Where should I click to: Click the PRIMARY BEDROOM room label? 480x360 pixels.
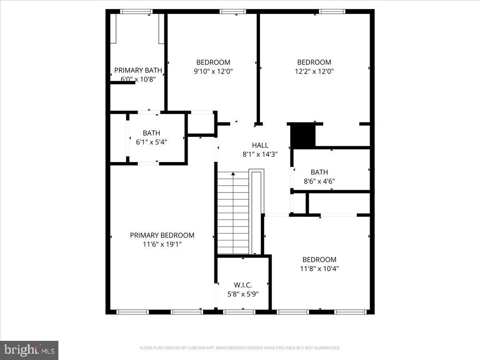point(162,235)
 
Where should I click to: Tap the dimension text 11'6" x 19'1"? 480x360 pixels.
point(162,244)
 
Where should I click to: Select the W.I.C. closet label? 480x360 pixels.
point(243,285)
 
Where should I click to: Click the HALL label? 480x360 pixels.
point(260,145)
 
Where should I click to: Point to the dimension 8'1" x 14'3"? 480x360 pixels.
point(260,154)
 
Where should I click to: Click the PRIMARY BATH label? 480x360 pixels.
point(138,70)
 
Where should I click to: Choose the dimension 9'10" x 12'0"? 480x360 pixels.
point(213,72)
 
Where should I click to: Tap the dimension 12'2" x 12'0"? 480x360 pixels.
point(314,72)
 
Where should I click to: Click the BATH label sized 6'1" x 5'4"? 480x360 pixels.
point(151,133)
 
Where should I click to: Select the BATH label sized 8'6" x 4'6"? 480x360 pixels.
point(319,172)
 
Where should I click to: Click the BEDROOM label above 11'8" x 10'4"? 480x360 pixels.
point(319,259)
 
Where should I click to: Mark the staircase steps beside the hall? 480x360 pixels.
point(233,214)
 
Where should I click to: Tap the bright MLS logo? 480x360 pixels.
point(29,350)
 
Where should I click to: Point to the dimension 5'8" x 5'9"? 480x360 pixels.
point(243,294)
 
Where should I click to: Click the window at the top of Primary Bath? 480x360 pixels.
point(136,12)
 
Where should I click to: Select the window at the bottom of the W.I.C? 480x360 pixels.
point(239,312)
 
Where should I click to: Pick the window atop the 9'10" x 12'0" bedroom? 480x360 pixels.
point(233,12)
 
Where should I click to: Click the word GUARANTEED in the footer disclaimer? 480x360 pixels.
point(327,348)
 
